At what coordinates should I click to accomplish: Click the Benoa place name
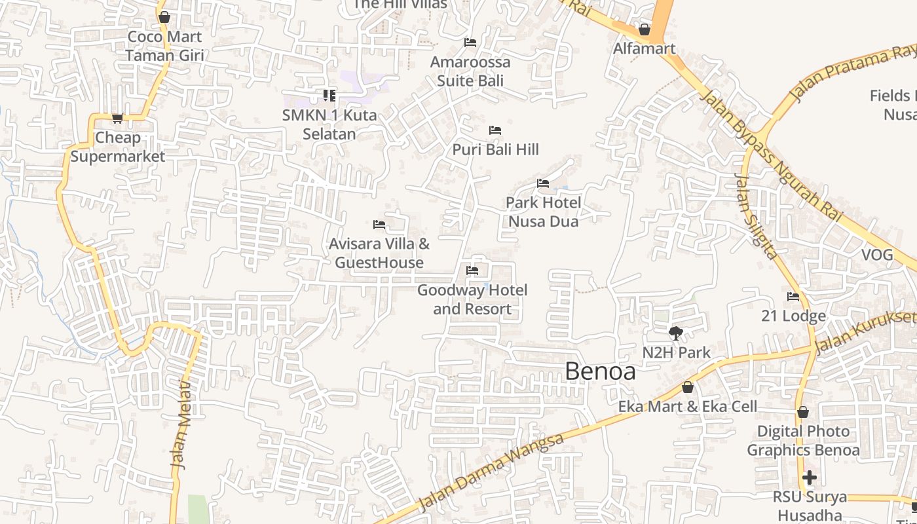[x=600, y=371]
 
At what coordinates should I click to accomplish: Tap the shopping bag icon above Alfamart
[x=645, y=29]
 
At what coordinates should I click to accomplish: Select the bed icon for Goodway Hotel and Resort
[x=472, y=271]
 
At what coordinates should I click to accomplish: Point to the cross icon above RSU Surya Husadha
[x=810, y=477]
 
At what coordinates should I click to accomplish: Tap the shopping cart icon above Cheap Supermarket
[x=118, y=118]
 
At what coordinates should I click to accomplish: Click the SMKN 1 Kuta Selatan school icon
[x=329, y=96]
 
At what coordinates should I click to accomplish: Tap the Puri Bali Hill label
[x=495, y=149]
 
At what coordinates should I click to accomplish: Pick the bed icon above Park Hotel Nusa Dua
[x=543, y=183]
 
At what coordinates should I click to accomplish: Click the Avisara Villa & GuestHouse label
[x=379, y=253]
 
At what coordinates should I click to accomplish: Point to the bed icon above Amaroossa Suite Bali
[x=470, y=43]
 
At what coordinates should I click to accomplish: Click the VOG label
[x=877, y=255]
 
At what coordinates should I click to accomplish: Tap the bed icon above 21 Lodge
[x=793, y=297]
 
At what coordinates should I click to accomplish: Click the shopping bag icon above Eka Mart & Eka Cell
[x=688, y=387]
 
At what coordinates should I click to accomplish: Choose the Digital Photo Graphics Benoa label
[x=803, y=441]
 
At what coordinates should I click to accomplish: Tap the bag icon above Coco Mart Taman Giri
[x=164, y=17]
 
